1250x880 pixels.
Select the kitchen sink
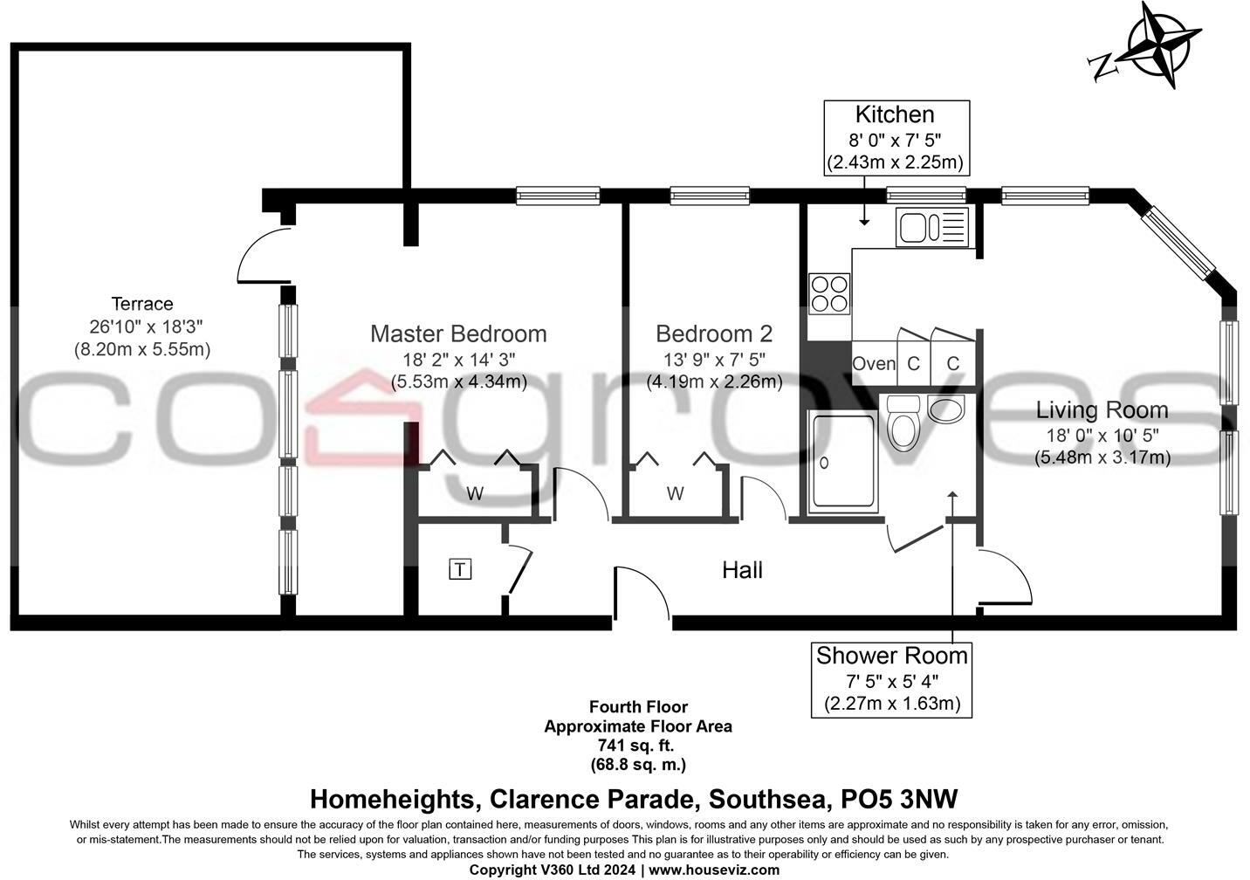pos(931,228)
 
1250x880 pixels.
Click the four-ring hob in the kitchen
pos(829,293)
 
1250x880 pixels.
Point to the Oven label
pos(873,364)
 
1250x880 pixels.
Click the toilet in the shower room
pos(902,423)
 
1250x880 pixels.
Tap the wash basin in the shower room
pos(946,408)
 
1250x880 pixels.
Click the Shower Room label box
pos(891,679)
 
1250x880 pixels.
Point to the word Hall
pos(742,570)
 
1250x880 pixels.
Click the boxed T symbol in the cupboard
pos(460,570)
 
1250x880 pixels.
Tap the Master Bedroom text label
pos(458,333)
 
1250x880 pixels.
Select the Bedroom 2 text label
pos(714,333)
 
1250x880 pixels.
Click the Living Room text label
pos(1102,409)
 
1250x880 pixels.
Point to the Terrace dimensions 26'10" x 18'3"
pos(142,327)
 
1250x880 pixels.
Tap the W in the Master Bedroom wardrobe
pos(475,494)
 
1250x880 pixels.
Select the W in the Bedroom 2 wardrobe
pos(675,494)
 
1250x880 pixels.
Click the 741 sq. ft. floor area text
pos(637,745)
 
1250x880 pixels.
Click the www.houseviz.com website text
pos(713,870)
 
